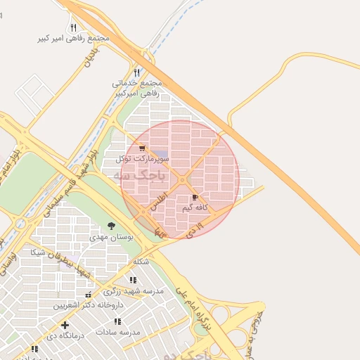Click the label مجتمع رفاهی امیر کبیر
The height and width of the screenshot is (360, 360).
[74, 38]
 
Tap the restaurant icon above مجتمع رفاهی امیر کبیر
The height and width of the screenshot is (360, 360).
[73, 27]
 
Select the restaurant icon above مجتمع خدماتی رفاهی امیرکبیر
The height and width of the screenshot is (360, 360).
[136, 72]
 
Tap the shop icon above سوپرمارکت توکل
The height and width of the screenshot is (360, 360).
[143, 148]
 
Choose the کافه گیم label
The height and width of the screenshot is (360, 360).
[196, 208]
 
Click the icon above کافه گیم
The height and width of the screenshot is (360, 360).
[195, 198]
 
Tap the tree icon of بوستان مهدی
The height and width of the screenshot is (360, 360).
[111, 226]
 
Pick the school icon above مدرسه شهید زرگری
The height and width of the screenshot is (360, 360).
[133, 280]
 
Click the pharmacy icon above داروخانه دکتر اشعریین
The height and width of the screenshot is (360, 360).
[88, 295]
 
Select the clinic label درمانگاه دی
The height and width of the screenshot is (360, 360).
[65, 335]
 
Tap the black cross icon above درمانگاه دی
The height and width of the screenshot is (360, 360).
[65, 325]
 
